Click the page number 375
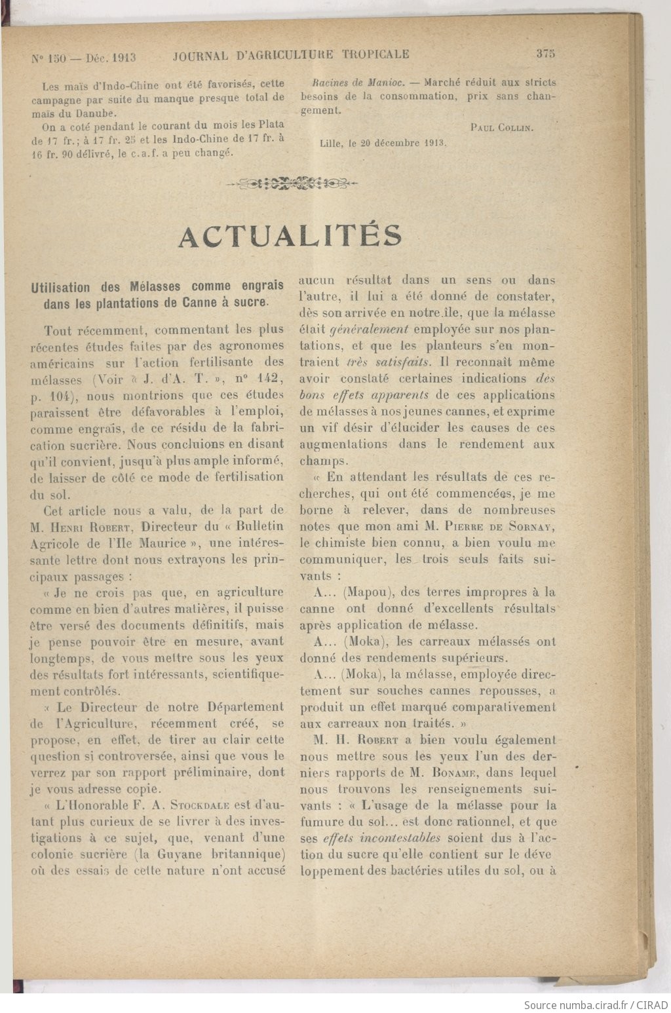pyautogui.click(x=545, y=54)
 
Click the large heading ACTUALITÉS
pyautogui.click(x=290, y=237)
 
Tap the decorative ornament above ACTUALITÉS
pyautogui.click(x=292, y=183)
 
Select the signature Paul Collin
pyautogui.click(x=502, y=128)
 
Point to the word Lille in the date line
pyautogui.click(x=331, y=143)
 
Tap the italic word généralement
pyautogui.click(x=369, y=329)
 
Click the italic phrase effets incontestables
pyautogui.click(x=381, y=838)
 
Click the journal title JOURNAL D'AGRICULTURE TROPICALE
pyautogui.click(x=291, y=55)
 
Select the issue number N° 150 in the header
pyautogui.click(x=48, y=58)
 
